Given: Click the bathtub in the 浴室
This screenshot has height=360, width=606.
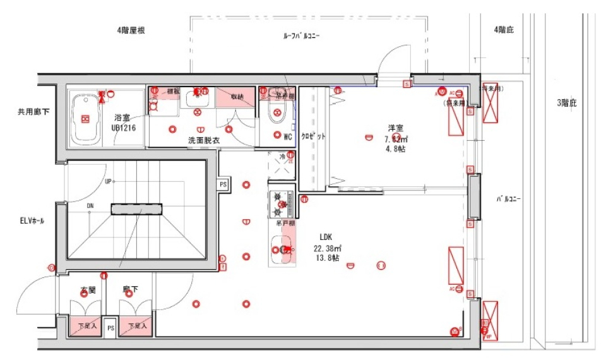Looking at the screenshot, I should [85, 119].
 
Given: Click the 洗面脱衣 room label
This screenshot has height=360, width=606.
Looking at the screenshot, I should [204, 140].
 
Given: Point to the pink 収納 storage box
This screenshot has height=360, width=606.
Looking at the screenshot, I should [235, 97].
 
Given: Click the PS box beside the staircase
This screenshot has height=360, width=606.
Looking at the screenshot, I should [223, 184].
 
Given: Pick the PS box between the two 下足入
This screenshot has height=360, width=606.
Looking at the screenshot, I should [110, 328].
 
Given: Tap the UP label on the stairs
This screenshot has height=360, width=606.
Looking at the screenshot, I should [109, 181].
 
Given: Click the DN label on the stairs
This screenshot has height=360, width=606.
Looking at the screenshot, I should [91, 205].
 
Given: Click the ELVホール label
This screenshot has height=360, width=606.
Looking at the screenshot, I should [32, 221].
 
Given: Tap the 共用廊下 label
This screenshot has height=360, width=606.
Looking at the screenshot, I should [33, 112].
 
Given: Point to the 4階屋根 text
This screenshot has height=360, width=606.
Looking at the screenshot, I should [132, 30].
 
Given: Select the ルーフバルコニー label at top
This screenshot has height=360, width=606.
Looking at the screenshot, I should [302, 36].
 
